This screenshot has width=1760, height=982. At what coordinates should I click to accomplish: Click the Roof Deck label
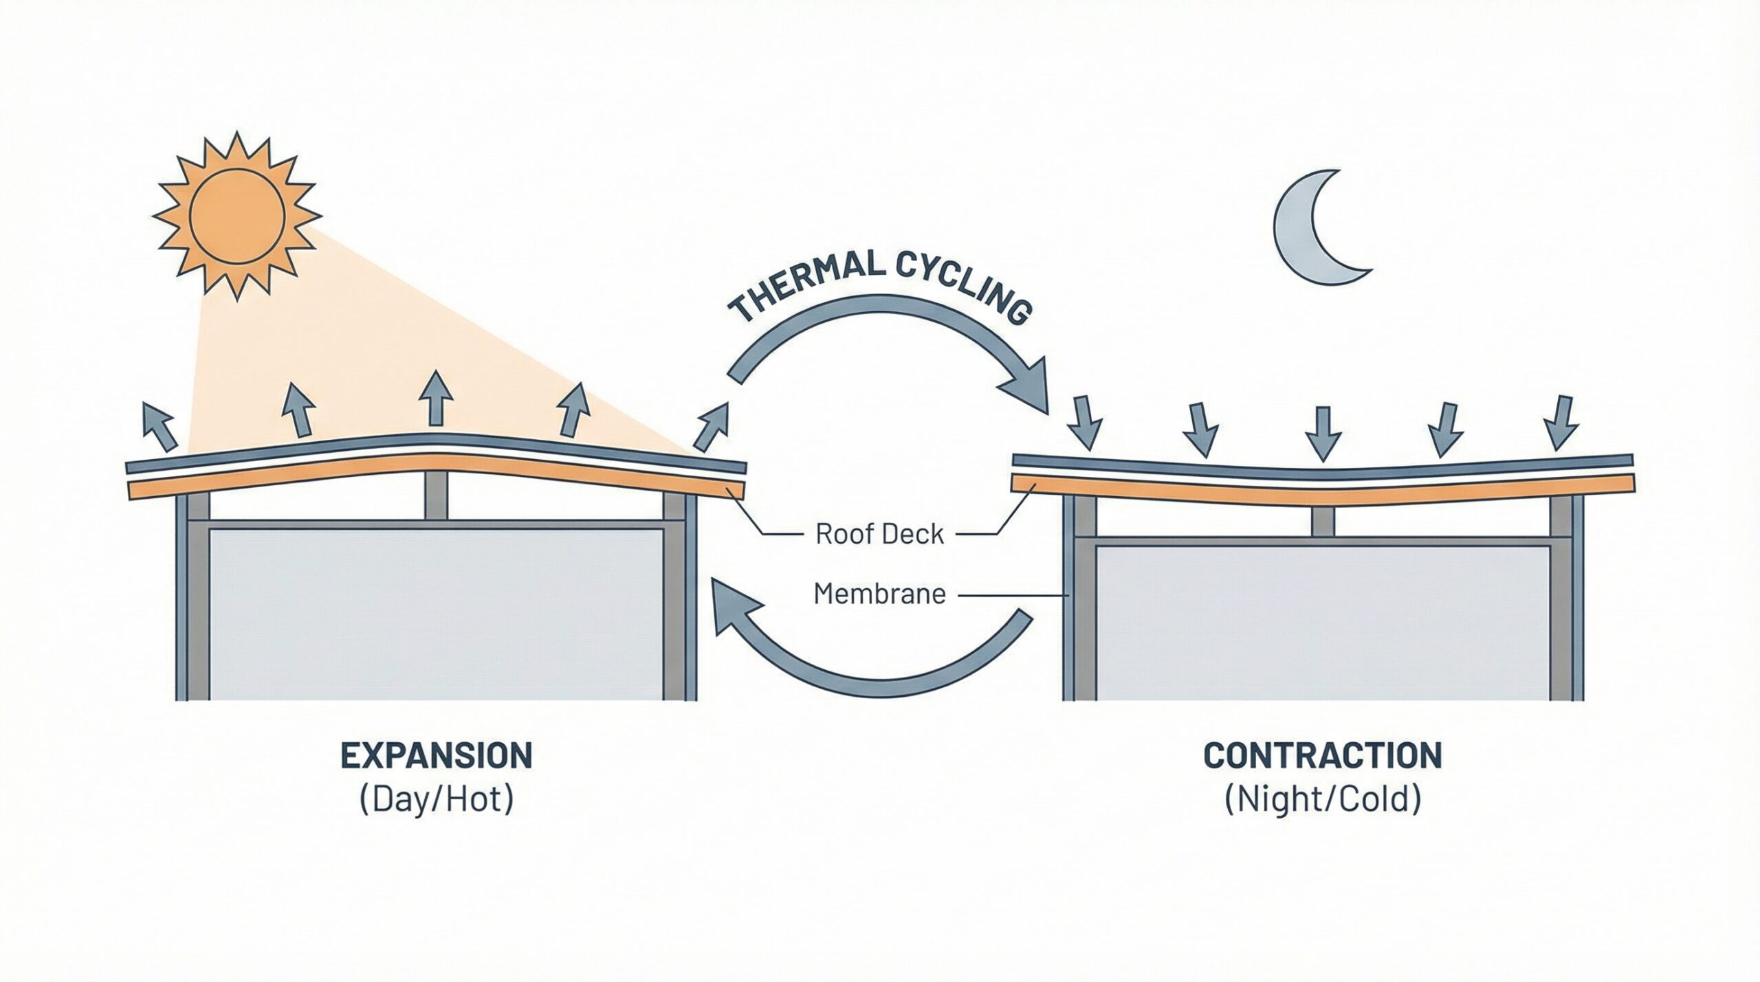879,534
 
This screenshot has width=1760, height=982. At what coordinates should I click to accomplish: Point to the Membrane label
879,594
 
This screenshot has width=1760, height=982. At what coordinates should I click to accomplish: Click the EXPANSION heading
437,757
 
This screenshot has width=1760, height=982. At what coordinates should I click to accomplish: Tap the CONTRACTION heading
1323,757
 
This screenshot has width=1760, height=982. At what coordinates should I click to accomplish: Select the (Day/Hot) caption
437,801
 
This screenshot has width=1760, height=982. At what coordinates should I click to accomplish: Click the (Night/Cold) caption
1323,801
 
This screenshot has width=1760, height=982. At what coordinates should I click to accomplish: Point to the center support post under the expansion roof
436,496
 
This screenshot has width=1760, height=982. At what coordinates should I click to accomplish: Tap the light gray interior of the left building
436,612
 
